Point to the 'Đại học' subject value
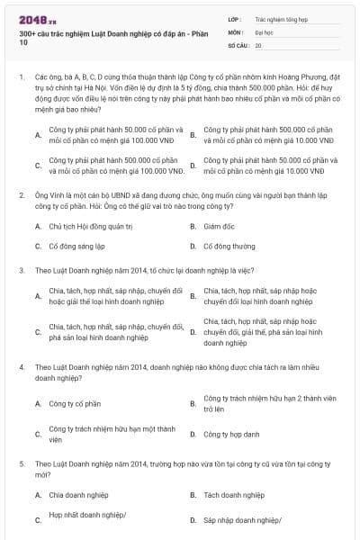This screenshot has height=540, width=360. point(264,31)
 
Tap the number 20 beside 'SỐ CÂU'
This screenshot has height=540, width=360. point(258,44)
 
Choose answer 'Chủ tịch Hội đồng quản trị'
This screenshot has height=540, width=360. point(89,227)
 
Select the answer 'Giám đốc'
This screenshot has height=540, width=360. point(219,227)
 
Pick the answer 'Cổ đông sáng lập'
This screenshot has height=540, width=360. point(76,245)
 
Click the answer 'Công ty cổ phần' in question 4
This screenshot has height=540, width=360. point(75,403)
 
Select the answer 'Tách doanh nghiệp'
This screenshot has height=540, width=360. point(234,495)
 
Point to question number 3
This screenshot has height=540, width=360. point(21,269)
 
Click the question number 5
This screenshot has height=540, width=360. point(21,463)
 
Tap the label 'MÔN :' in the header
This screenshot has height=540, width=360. point(237,31)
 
